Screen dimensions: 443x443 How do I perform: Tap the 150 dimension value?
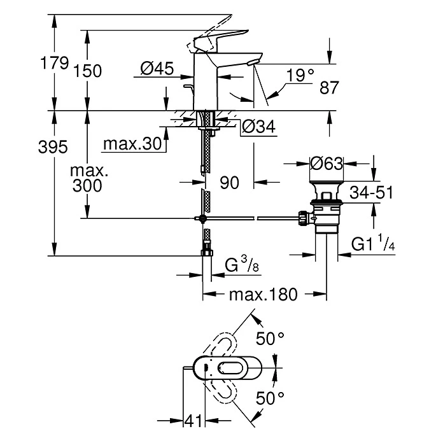point(88,71)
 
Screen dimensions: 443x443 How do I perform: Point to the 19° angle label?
point(300,75)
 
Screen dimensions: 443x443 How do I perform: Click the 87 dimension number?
point(329,88)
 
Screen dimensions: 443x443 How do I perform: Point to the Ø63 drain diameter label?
point(326,164)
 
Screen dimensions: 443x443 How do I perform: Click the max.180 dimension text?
point(264,295)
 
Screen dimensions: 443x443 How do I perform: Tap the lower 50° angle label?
point(271,399)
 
